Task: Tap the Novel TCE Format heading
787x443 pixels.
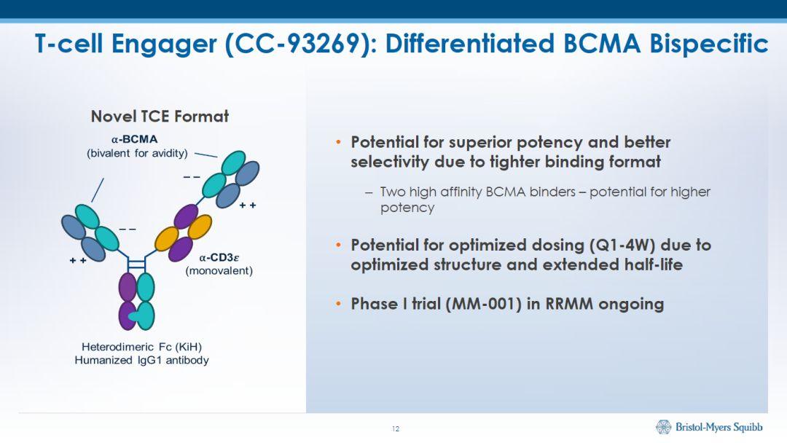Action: click(x=160, y=117)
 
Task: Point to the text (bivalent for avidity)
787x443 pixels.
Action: click(x=137, y=153)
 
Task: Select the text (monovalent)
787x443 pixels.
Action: click(x=219, y=271)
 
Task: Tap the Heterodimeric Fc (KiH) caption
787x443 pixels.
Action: click(x=141, y=346)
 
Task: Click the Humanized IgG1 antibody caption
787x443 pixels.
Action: click(x=141, y=360)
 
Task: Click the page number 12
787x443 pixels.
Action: click(x=396, y=428)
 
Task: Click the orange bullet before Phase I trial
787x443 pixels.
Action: click(x=338, y=304)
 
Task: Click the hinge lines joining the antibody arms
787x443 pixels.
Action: click(x=136, y=261)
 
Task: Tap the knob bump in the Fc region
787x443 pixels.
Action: click(x=133, y=317)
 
